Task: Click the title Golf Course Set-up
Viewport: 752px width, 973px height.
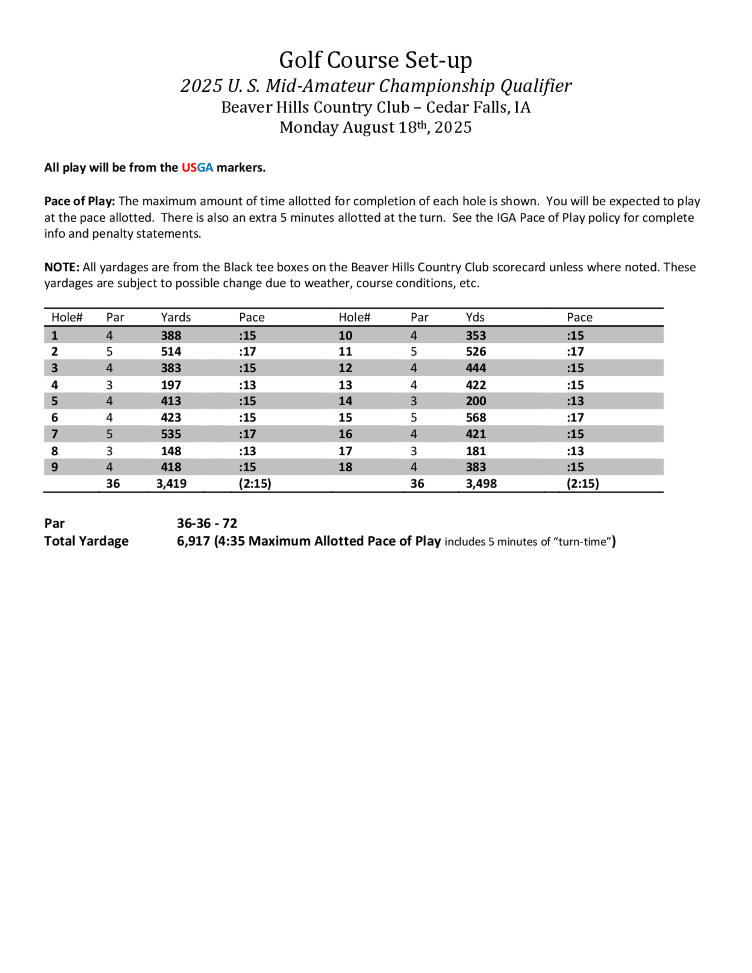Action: coord(376,60)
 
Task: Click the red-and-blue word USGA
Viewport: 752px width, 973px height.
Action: coord(197,168)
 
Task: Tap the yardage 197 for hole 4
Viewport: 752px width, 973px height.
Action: coord(171,385)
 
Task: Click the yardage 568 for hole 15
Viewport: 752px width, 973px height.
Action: coord(476,417)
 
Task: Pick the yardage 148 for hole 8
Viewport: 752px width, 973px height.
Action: coord(171,451)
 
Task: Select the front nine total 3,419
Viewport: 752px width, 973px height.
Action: coord(171,483)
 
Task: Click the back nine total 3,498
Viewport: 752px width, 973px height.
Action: coord(481,483)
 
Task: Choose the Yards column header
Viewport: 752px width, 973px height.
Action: coord(176,317)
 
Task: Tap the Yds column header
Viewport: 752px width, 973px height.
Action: coord(475,317)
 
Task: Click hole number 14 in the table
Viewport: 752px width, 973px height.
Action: coord(345,401)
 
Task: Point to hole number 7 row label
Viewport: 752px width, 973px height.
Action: coord(55,434)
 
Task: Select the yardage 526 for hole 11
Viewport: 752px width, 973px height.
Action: coord(476,352)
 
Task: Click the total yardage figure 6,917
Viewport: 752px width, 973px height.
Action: coord(193,541)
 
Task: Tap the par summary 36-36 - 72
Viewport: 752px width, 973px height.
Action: coord(207,523)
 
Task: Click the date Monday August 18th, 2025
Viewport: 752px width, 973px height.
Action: coord(376,127)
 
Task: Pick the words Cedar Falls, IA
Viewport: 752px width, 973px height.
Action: coord(478,108)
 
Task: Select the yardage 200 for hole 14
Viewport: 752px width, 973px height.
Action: coord(476,401)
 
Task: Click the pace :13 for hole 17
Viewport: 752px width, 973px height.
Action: coord(575,451)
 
